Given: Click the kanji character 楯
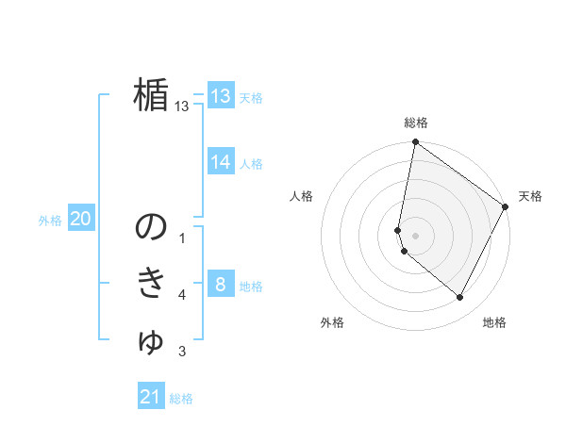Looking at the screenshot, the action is pos(151,95).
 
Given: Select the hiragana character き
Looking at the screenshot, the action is pos(151,284).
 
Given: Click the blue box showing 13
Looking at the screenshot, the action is pos(221,96).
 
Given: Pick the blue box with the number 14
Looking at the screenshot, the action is pos(221,162).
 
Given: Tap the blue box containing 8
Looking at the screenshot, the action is pos(221,284).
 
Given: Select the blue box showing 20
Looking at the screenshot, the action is pos(80,220).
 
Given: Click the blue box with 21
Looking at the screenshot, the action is pos(151,397).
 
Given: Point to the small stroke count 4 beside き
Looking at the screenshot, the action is pos(182,296).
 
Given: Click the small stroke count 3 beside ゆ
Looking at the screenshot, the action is pos(182,353).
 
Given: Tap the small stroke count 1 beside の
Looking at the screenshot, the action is pos(182,239).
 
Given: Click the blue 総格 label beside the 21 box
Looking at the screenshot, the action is pos(181,399).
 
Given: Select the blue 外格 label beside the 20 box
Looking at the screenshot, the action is pos(50,221).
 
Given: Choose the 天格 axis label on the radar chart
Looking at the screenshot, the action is pos(530,196).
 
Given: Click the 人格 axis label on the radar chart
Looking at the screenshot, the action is pos(301,196).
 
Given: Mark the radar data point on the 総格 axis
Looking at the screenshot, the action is pos(415,142).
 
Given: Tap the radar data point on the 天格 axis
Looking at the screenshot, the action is pos(505,206).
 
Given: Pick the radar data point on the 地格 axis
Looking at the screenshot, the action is pos(460,298).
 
